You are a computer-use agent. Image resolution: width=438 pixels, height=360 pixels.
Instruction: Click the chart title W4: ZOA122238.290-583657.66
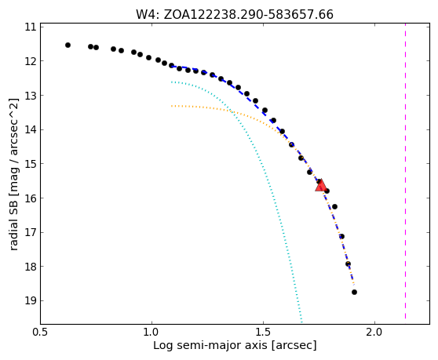coord(235,14)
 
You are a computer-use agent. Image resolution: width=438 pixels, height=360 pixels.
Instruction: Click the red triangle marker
coord(321,186)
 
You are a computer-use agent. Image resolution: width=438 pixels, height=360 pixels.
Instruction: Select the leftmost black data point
coord(68,45)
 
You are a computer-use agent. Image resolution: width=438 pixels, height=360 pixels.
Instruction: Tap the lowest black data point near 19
coord(354,293)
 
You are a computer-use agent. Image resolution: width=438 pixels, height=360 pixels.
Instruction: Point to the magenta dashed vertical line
coord(405,173)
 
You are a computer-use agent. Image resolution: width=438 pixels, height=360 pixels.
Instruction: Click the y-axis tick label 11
coord(31,27)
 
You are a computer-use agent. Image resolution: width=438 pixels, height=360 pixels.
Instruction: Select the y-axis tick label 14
coord(31,129)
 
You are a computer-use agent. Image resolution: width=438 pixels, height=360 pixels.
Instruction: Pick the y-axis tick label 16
coord(31,198)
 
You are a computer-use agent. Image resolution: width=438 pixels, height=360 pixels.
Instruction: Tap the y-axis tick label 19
coord(31,301)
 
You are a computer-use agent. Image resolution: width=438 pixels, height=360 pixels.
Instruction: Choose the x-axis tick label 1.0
coord(151,333)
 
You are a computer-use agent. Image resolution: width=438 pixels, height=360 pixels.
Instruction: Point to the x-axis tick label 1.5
coord(263,333)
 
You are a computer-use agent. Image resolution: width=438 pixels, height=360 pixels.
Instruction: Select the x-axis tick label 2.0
coord(374,333)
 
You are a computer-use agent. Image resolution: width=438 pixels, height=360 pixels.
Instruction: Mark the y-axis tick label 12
coord(31,61)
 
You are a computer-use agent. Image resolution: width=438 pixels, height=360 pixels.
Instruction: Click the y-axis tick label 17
coord(31,232)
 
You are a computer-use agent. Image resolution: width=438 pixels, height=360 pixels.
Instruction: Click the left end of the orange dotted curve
coord(172,106)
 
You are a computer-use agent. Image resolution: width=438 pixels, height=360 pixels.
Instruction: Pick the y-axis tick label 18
coord(31,267)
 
